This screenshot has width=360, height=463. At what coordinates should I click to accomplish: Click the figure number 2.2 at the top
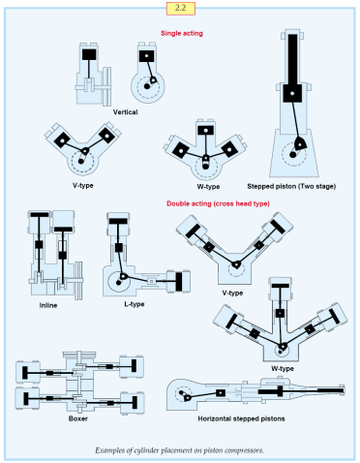[x=179, y=9]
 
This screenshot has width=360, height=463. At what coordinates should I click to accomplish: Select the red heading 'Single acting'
[x=180, y=33]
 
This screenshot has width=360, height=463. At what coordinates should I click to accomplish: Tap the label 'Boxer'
[x=78, y=418]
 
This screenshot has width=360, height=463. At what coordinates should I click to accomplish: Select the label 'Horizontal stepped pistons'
[x=255, y=418]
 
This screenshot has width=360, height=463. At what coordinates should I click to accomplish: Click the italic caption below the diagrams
[x=179, y=450]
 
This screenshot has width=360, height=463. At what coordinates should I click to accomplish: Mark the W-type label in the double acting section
[x=282, y=368]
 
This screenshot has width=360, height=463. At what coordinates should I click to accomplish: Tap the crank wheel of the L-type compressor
[x=123, y=282]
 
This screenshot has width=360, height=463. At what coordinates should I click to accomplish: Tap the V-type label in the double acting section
[x=232, y=293]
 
